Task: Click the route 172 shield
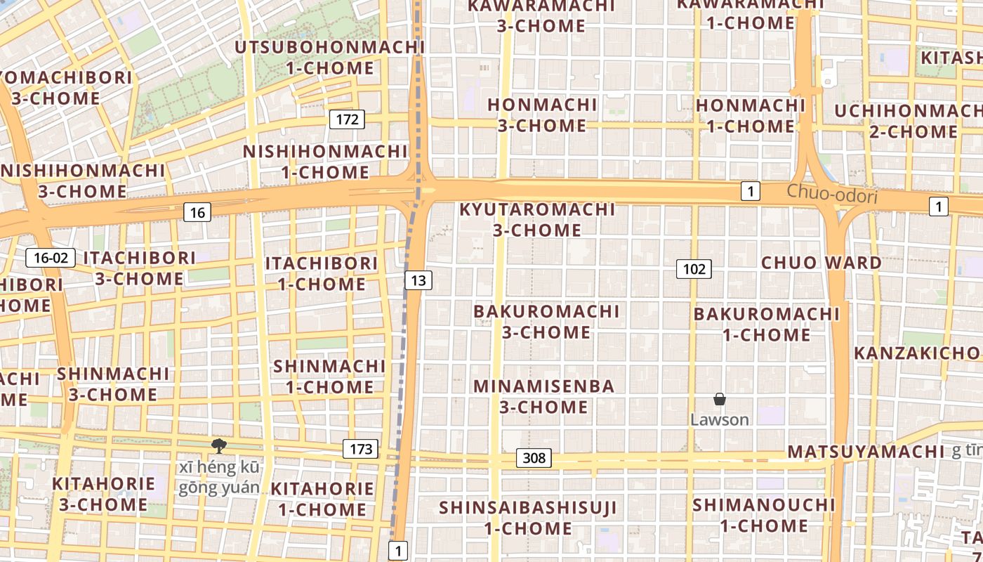tap(347, 119)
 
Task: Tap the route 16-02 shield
tap(51, 258)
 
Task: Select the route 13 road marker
tap(418, 281)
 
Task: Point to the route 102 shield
tap(694, 269)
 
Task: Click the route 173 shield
tap(361, 449)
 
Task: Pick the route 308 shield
tap(534, 458)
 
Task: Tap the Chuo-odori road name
tap(832, 193)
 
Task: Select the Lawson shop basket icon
tap(720, 400)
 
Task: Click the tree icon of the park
tap(219, 445)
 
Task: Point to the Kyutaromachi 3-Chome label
tap(537, 219)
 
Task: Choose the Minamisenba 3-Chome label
tap(544, 396)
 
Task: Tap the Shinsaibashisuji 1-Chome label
tap(528, 517)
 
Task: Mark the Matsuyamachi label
tap(866, 452)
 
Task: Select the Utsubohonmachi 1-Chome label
tap(330, 58)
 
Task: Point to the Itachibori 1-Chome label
tap(322, 273)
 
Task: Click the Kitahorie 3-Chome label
tap(103, 494)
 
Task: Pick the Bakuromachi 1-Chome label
tap(766, 324)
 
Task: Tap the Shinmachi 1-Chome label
tap(329, 377)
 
